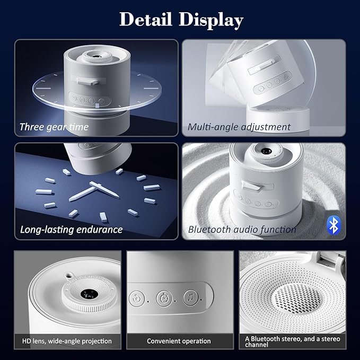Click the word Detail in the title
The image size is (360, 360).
click(x=146, y=19)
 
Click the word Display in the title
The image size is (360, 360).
click(x=211, y=20)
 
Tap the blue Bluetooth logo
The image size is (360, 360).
click(x=333, y=225)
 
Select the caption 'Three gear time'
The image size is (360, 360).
click(x=54, y=127)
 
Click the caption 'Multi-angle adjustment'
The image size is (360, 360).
click(x=239, y=127)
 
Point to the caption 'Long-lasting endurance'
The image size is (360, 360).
click(x=71, y=230)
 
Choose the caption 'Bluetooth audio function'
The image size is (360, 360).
click(x=242, y=230)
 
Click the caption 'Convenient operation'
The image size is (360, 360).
click(x=179, y=341)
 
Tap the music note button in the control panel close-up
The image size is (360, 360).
click(x=190, y=298)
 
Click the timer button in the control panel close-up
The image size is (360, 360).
click(x=164, y=298)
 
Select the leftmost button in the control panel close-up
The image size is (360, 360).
click(x=137, y=299)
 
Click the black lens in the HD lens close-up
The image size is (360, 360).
click(x=89, y=294)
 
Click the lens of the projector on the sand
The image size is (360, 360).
click(x=266, y=151)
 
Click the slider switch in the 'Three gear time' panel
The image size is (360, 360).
click(x=88, y=81)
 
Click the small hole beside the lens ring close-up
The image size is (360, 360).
click(x=68, y=275)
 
